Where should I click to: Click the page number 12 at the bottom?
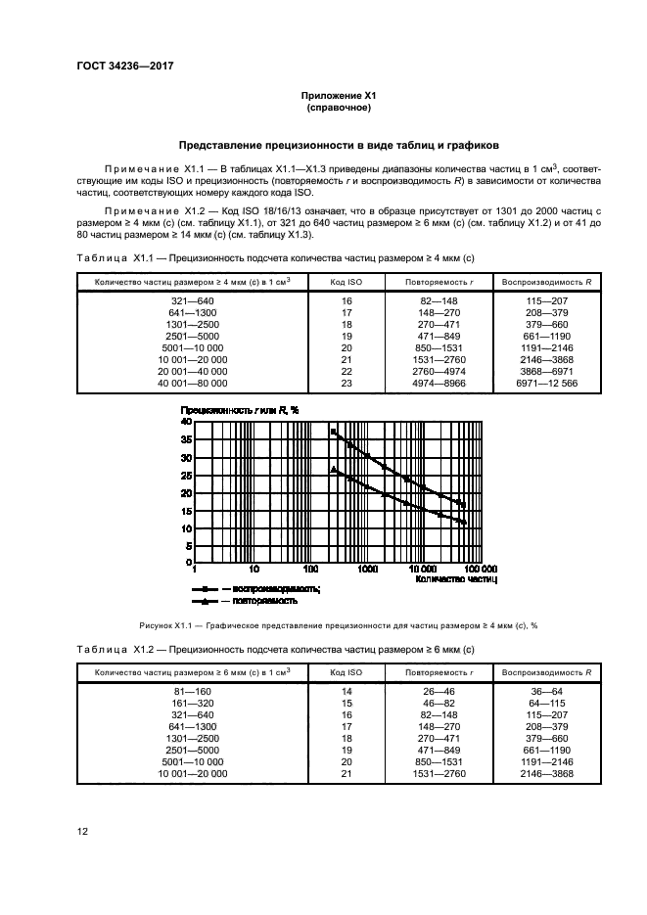82,831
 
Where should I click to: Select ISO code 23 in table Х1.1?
346,385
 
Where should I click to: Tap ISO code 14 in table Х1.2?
346,691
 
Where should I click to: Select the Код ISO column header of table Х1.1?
346,282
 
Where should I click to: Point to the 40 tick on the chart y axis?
186,421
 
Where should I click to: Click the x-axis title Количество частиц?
456,579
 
